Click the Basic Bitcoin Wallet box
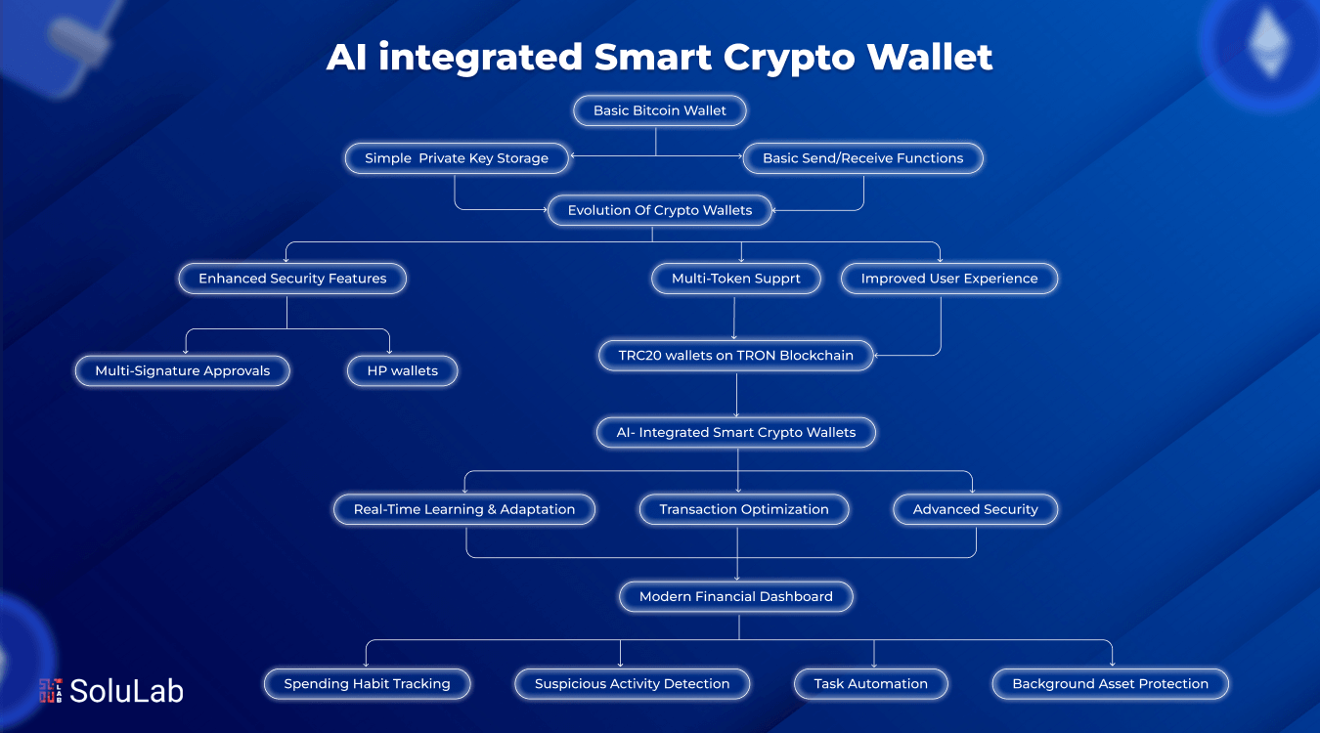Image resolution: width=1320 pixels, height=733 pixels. (x=660, y=110)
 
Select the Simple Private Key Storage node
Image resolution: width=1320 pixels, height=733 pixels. (x=457, y=158)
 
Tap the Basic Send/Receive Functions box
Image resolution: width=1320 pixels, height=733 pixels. (x=862, y=158)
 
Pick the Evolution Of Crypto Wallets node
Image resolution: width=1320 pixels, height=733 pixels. (x=660, y=210)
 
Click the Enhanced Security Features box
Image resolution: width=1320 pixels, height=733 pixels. (x=292, y=279)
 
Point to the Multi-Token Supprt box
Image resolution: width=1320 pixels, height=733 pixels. (x=735, y=279)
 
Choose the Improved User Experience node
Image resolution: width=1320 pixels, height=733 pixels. (x=948, y=279)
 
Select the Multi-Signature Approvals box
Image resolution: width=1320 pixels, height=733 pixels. (x=183, y=371)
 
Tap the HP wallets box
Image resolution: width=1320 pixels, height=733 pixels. (x=402, y=371)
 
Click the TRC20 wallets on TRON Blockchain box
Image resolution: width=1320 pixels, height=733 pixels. (x=735, y=356)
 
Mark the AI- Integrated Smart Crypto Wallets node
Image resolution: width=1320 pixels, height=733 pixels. (x=735, y=432)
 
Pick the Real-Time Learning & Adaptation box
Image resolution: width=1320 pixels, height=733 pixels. (x=464, y=509)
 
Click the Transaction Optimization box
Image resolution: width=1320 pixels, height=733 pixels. (x=743, y=509)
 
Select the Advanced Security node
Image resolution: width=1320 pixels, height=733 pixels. (x=975, y=509)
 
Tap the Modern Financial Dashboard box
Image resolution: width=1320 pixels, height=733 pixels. (x=735, y=596)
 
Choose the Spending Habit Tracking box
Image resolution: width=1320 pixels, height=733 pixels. (x=367, y=684)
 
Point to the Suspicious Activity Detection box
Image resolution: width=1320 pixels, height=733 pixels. (x=632, y=684)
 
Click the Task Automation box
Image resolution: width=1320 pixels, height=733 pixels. (x=870, y=684)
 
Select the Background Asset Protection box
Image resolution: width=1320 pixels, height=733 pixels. (x=1110, y=684)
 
